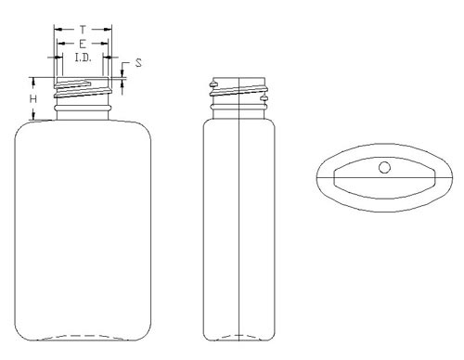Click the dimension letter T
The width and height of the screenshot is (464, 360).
83,30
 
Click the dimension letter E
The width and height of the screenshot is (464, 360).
83,44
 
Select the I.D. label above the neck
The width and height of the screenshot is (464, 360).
84,58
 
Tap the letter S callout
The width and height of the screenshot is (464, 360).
138,63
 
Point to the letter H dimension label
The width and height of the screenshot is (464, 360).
33,99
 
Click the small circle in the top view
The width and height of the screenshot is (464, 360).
384,168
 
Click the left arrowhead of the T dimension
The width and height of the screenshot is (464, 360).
58,30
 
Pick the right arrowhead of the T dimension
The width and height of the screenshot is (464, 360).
108,30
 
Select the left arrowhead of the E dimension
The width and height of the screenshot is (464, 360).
61,44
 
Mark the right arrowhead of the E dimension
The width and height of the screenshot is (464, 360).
104,44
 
